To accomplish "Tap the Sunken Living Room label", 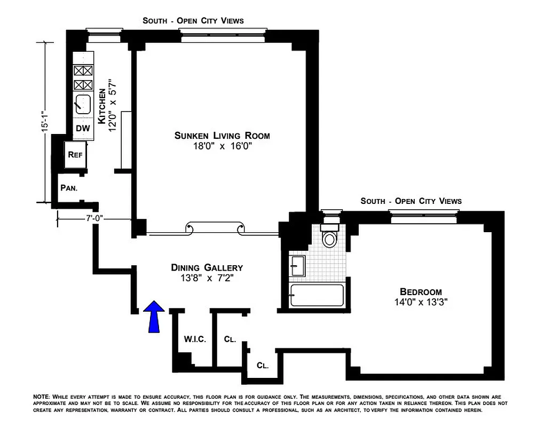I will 222,136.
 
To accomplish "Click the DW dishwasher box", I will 82,129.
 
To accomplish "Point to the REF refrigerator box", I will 74,155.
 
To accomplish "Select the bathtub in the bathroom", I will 317,295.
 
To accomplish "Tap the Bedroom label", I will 421,291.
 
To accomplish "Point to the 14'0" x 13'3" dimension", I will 421,302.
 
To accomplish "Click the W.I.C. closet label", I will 195,339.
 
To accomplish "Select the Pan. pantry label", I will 69,188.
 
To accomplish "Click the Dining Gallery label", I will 207,267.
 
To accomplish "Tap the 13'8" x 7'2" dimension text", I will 207,278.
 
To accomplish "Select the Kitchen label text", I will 102,107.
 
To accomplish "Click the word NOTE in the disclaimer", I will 41,397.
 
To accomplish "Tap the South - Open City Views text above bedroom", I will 410,201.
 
